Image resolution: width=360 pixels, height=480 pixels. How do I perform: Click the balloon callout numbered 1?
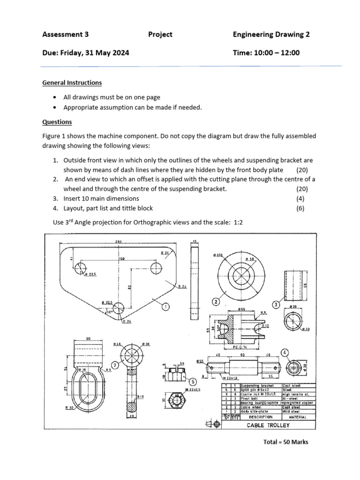point(165,306)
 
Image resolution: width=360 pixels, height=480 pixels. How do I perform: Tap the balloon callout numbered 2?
point(216,301)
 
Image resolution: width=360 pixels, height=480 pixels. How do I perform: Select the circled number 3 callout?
point(277,305)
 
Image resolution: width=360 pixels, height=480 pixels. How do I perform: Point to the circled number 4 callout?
point(285,352)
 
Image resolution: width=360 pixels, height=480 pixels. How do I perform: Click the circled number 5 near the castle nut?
point(193,381)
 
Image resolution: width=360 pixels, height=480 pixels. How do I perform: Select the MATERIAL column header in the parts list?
point(298,417)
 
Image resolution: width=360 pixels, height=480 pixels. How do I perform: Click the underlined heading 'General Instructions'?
point(72,82)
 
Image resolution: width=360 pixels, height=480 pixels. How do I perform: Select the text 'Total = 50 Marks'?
point(286,442)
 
